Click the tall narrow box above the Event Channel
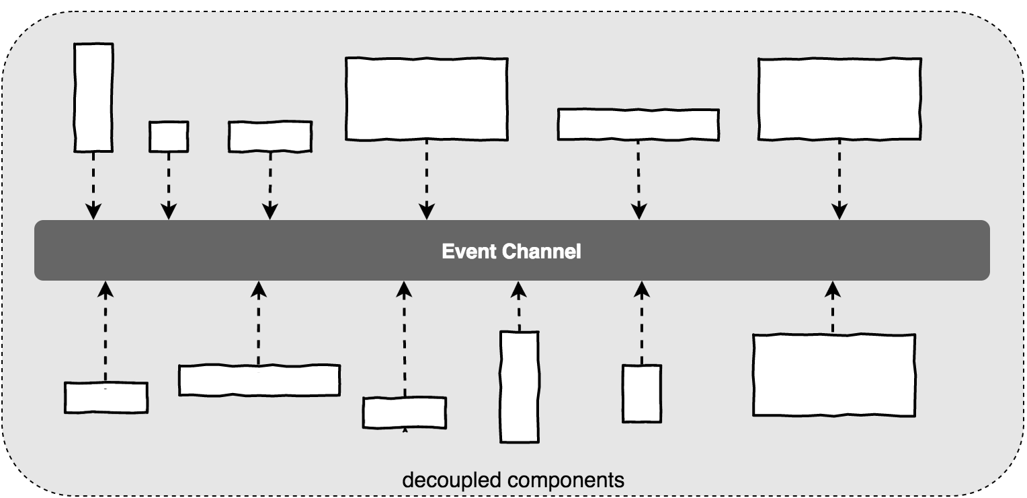click(93, 97)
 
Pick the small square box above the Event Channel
click(169, 137)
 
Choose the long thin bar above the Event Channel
click(638, 124)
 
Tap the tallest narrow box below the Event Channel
click(520, 386)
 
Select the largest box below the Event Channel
click(833, 375)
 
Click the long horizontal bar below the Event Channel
click(259, 380)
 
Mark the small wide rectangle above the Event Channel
click(270, 137)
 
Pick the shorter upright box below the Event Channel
click(642, 393)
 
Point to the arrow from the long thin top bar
click(638, 178)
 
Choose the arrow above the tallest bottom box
click(518, 307)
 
